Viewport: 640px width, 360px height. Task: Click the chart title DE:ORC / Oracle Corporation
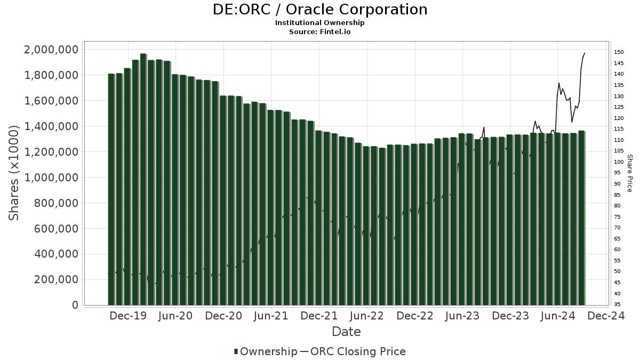(x=320, y=10)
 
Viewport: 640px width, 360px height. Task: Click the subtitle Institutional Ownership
(x=320, y=23)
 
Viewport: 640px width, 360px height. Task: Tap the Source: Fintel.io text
(x=320, y=31)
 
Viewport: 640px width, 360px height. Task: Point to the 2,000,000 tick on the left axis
(x=52, y=50)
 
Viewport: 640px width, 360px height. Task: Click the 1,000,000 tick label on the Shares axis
(x=52, y=178)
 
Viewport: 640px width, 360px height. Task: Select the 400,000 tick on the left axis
(x=55, y=254)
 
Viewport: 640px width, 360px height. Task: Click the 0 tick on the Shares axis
(x=75, y=306)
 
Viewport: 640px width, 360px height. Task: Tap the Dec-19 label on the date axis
(x=128, y=316)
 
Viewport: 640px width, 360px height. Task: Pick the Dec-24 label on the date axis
(x=606, y=316)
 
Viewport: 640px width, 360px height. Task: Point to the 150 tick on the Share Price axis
(x=619, y=52)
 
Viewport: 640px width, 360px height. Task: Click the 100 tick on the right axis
(x=619, y=162)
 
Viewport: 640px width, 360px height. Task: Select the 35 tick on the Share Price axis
(x=618, y=305)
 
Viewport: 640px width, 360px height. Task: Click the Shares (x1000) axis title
(x=14, y=173)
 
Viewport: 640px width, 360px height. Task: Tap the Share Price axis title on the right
(x=629, y=173)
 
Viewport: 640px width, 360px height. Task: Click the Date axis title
(x=346, y=332)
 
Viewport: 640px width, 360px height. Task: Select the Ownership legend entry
(x=266, y=351)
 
